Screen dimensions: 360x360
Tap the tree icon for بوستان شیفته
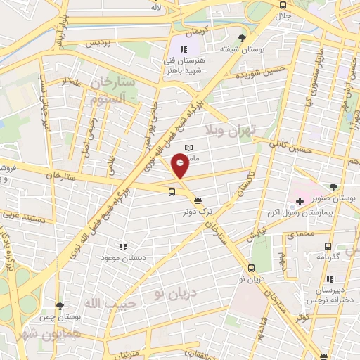243,38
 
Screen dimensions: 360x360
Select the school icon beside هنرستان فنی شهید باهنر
184,50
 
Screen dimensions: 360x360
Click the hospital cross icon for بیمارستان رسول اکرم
300,202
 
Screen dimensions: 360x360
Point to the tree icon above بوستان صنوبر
333,187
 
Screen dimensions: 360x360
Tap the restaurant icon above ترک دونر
198,200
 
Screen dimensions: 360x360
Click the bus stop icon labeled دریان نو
251,267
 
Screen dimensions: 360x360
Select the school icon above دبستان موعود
123,247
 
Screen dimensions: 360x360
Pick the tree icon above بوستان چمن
59,306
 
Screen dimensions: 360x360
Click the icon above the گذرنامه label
328,246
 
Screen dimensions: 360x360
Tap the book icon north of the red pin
187,146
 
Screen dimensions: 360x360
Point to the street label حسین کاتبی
288,146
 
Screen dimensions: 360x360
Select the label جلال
283,15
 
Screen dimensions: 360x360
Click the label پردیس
99,43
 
